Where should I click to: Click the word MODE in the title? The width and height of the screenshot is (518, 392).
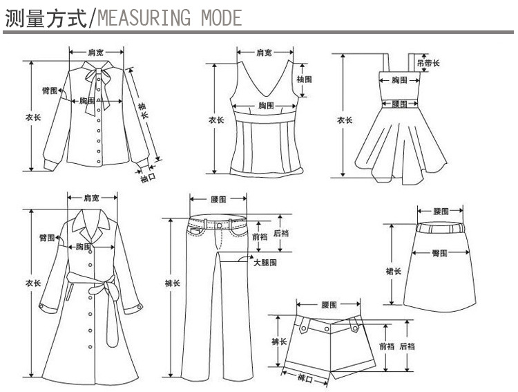tap(220, 17)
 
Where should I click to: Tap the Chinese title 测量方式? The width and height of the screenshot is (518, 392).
tap(44, 17)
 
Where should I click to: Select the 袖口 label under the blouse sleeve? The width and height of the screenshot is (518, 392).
tap(148, 178)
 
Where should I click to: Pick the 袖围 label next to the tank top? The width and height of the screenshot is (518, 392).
tap(304, 80)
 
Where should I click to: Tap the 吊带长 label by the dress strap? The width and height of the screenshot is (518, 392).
tap(433, 64)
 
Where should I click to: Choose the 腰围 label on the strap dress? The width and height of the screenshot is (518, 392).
tap(399, 104)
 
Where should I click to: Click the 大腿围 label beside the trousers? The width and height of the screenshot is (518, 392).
tap(265, 263)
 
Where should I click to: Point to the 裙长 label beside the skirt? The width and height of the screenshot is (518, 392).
tap(393, 271)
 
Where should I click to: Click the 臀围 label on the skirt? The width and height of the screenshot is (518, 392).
tap(439, 253)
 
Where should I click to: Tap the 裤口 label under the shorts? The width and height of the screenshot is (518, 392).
tap(305, 378)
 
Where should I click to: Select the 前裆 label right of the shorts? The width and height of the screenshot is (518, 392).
tap(387, 346)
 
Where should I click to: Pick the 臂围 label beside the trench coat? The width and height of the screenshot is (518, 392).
tap(47, 239)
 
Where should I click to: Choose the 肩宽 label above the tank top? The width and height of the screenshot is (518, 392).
tap(263, 53)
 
